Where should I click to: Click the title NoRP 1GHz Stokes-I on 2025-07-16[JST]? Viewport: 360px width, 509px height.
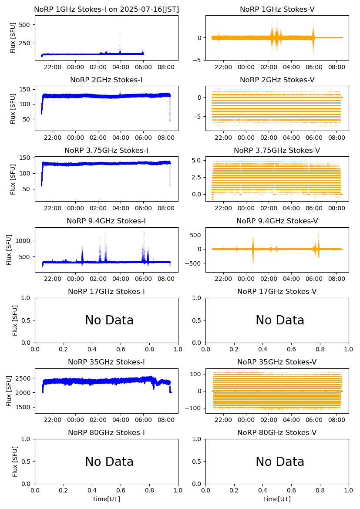[106, 9]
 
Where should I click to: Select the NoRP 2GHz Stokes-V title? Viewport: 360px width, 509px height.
[277, 80]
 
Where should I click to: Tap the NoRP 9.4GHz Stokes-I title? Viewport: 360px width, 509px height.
[106, 221]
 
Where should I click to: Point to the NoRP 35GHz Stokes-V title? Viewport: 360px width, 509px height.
[277, 362]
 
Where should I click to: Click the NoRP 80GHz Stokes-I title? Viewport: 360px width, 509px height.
[106, 432]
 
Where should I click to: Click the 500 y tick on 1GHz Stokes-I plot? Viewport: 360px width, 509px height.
[24, 25]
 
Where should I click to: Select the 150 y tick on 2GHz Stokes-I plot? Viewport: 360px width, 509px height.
[26, 89]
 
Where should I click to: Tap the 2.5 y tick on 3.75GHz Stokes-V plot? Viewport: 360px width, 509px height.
[197, 177]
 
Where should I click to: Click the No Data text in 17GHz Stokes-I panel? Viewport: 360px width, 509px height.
[109, 320]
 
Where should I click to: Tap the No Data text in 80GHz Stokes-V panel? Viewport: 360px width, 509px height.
[280, 462]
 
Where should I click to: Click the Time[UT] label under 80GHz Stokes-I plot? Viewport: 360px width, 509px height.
[106, 499]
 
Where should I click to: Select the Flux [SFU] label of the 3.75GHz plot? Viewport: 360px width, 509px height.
[13, 179]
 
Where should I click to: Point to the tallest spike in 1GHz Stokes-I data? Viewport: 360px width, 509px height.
[120, 20]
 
